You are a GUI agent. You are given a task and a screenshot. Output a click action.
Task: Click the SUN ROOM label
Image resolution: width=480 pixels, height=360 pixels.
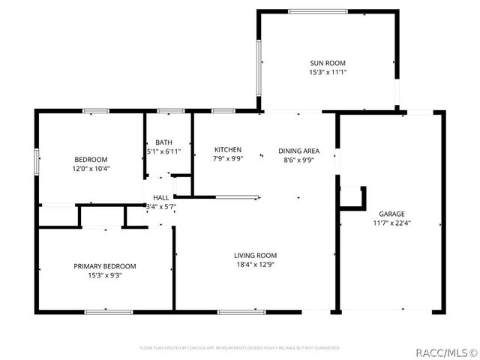tap(328, 63)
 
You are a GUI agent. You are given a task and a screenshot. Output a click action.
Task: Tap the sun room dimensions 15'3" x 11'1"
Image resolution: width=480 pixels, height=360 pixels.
tap(328, 73)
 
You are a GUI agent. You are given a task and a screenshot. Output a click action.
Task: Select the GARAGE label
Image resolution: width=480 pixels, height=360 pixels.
tap(391, 213)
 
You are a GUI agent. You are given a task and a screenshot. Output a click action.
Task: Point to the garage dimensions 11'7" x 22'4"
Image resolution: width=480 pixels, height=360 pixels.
tap(391, 223)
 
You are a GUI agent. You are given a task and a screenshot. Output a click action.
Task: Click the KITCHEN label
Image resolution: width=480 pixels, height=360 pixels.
tap(227, 150)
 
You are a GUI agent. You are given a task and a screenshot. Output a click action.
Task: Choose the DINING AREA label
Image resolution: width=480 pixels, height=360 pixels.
tap(298, 150)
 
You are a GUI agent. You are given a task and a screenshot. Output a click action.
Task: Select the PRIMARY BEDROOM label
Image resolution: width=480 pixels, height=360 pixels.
tap(104, 266)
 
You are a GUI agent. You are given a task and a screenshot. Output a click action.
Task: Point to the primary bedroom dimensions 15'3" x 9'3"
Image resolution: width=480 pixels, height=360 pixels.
tap(104, 276)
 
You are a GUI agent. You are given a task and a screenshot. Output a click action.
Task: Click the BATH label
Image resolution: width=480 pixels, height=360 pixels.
tap(163, 142)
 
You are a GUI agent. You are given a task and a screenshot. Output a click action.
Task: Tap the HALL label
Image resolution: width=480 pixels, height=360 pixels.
tap(160, 197)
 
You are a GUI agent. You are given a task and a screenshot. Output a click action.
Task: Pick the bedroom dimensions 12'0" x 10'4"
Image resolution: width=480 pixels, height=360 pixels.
tap(91, 169)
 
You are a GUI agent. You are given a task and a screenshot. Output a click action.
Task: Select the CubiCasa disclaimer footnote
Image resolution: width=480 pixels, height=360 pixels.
tap(240, 348)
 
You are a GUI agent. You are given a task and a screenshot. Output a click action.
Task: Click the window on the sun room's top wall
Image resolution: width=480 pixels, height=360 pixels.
tap(318, 11)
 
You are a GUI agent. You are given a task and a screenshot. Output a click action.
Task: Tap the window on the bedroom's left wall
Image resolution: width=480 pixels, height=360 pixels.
tap(35, 161)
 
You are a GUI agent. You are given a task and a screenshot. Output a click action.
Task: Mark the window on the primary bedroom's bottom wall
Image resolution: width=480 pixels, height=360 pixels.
tap(108, 311)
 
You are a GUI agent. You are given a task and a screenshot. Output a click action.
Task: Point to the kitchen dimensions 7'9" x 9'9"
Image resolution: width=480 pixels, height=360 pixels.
tap(227, 160)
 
